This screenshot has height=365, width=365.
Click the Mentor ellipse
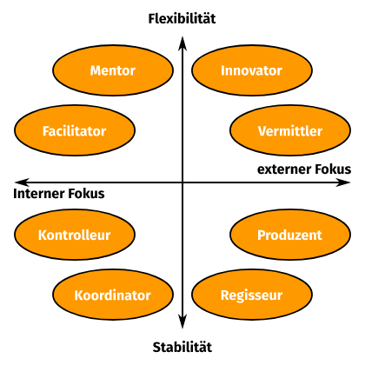click(x=113, y=70)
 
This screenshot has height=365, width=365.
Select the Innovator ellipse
click(x=252, y=70)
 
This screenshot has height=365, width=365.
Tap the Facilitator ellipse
click(x=75, y=130)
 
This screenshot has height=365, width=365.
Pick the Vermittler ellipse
click(x=290, y=130)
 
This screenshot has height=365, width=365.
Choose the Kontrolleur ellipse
click(x=75, y=235)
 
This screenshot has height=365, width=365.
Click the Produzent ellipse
click(x=290, y=235)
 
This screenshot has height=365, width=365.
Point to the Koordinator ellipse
click(x=113, y=295)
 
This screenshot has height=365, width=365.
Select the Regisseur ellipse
click(x=252, y=295)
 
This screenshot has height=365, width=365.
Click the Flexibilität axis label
click(x=182, y=19)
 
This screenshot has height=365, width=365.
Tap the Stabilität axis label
click(x=182, y=347)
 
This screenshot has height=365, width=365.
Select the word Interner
click(x=39, y=194)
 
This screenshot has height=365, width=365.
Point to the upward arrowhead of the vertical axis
click(x=182, y=43)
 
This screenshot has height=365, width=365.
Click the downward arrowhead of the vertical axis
click(x=182, y=322)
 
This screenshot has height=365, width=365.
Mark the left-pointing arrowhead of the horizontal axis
click(x=22, y=182)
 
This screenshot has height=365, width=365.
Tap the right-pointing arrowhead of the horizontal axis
click(x=343, y=182)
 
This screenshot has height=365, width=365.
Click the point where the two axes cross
click(x=182, y=182)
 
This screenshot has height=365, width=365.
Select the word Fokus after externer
click(x=333, y=169)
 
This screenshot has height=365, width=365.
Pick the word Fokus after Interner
click(x=86, y=194)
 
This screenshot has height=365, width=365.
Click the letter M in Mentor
click(x=96, y=70)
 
